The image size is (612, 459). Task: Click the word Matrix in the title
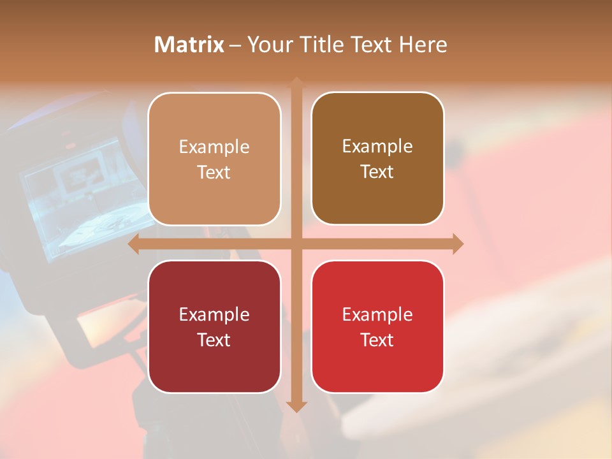point(189,45)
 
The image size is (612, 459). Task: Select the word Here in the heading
point(423,45)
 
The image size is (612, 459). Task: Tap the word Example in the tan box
point(214,147)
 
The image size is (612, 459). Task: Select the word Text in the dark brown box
point(377,171)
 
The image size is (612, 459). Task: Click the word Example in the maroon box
point(214,315)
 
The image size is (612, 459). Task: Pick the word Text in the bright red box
point(377,340)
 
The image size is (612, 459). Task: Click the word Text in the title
point(373,45)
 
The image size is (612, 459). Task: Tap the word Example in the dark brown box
point(377,147)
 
